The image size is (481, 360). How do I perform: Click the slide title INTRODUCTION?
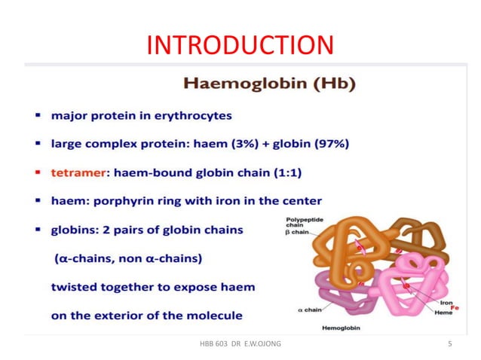[x=240, y=45]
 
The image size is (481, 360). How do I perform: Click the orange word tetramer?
[x=78, y=172]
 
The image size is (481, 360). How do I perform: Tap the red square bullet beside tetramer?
[x=37, y=172]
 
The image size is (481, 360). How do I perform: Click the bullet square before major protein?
[x=37, y=115]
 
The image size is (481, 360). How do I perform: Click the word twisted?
[x=74, y=287]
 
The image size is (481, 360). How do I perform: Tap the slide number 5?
[x=450, y=345]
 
